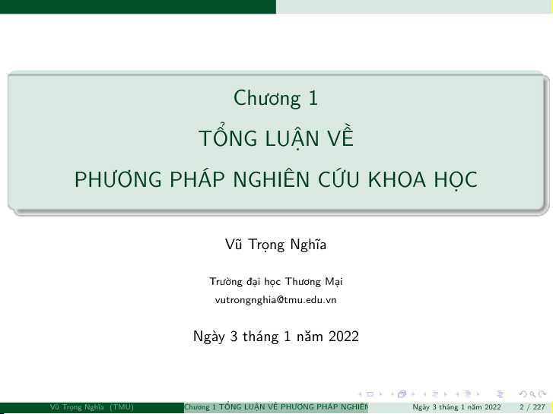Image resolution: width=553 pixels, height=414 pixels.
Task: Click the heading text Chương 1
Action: click(x=276, y=98)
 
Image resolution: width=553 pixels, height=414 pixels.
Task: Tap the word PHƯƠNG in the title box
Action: click(x=118, y=179)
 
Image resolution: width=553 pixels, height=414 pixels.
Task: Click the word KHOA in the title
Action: click(x=397, y=179)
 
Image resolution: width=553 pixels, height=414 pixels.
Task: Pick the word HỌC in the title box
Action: click(x=456, y=180)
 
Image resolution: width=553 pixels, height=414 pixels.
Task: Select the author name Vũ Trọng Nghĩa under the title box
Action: click(x=276, y=245)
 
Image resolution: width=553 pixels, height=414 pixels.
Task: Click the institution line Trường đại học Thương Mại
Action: click(x=276, y=282)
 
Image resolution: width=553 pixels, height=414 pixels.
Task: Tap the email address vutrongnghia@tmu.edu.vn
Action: click(x=276, y=300)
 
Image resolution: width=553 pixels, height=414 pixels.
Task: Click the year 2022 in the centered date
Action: click(x=344, y=336)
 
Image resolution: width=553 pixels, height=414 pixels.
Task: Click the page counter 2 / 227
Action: click(x=532, y=407)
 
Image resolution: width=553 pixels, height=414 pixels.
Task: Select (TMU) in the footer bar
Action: click(x=122, y=407)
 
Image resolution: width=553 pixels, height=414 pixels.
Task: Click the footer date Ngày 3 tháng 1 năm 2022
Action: click(x=456, y=407)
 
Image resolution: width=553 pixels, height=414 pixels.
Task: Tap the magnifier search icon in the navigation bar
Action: click(x=533, y=394)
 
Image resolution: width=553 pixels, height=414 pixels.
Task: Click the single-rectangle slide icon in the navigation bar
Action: click(x=370, y=394)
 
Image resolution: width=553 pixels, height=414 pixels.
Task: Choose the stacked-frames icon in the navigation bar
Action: click(x=402, y=394)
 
